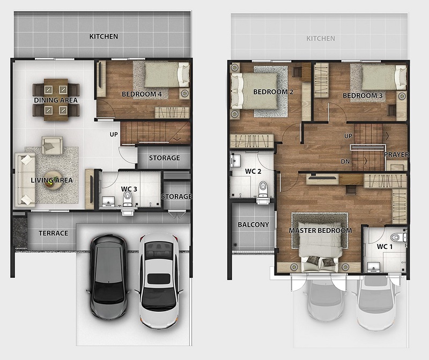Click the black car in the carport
[109, 276]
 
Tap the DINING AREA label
[56, 100]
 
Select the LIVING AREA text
[51, 180]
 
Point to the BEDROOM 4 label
[142, 94]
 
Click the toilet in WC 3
[127, 199]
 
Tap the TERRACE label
[53, 233]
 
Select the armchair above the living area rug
[52, 145]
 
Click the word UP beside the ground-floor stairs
[114, 135]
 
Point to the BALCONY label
[253, 225]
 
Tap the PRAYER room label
[396, 155]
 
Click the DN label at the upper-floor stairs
[345, 161]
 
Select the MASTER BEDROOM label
[320, 231]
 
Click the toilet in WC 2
[263, 189]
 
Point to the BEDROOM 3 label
[363, 95]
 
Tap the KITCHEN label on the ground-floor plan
[103, 36]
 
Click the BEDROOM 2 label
[273, 92]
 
